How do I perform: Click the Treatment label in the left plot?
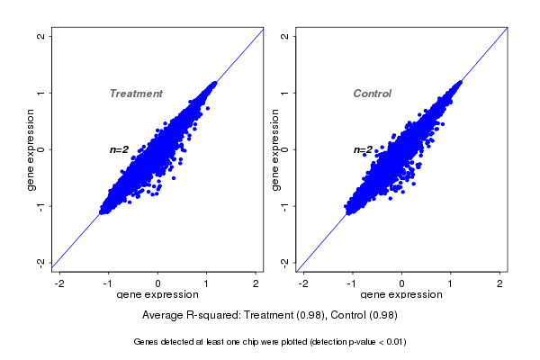tap(136, 94)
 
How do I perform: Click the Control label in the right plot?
tap(372, 94)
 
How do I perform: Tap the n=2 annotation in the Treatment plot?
tap(120, 149)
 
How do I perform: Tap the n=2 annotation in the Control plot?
tap(364, 149)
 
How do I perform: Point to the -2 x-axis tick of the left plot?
tap(60, 283)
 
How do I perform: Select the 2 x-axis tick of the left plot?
tap(256, 283)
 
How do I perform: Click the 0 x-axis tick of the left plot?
tap(158, 283)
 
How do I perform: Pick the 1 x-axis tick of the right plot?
tap(452, 283)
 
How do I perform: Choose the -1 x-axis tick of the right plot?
tap(352, 283)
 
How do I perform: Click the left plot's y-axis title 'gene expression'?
tap(31, 149)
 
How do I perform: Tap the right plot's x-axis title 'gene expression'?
tap(402, 294)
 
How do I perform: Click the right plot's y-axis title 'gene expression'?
tap(275, 149)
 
